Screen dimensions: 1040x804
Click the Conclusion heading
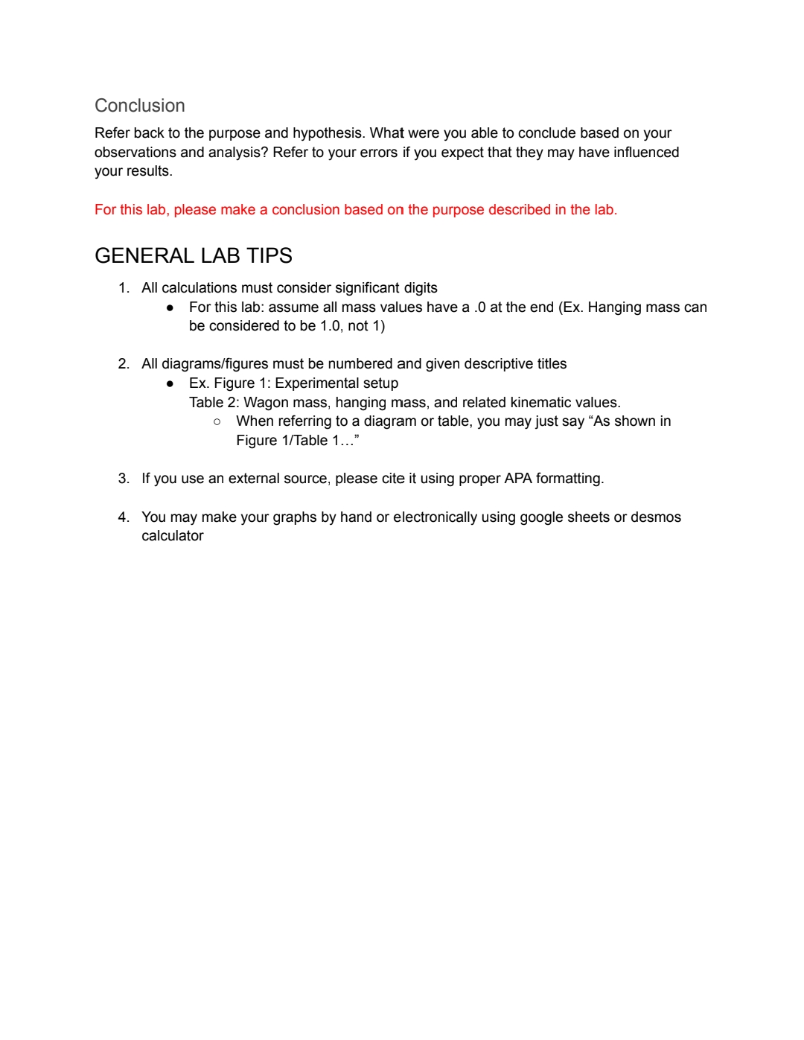click(x=139, y=106)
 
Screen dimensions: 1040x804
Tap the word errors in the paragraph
click(x=378, y=153)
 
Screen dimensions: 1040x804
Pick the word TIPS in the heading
click(x=269, y=256)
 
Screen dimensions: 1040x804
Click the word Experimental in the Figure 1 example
click(x=313, y=383)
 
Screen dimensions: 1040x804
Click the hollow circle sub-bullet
click(x=217, y=421)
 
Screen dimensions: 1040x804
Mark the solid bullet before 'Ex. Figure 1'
click(x=170, y=383)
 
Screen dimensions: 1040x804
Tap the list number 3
click(x=123, y=479)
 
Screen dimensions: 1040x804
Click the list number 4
click(x=123, y=517)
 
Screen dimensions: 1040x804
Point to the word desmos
click(x=655, y=517)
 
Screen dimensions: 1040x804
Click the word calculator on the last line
click(x=172, y=536)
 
